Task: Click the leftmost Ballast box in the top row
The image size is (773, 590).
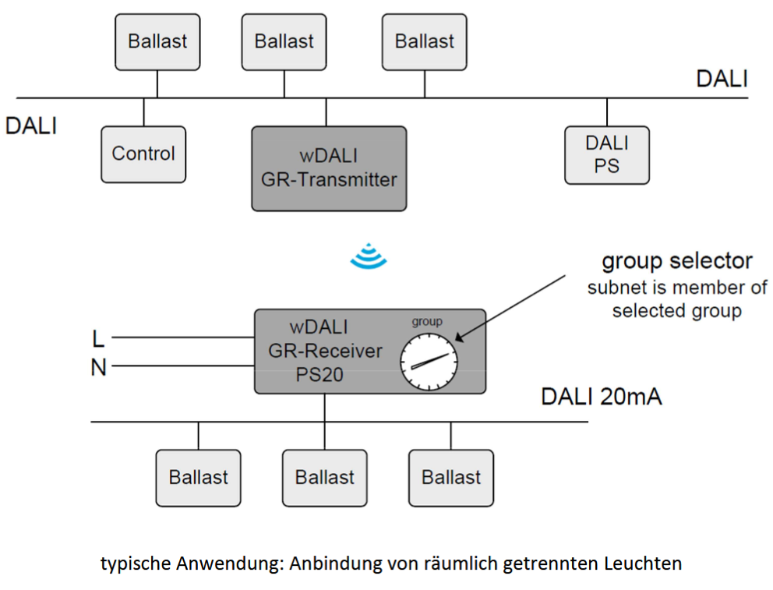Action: point(157,41)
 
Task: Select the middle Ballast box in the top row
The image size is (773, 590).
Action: point(284,41)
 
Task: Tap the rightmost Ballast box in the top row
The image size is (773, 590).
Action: point(424,41)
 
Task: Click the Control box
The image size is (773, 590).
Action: point(143,154)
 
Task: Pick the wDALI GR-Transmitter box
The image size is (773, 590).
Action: point(328,168)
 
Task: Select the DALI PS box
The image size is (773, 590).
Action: point(606,155)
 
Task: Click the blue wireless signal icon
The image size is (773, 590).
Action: point(368,256)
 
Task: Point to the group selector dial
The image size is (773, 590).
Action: point(427,362)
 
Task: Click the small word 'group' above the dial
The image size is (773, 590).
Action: point(426,321)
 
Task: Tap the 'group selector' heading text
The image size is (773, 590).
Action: point(676,260)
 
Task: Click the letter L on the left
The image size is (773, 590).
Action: point(98,339)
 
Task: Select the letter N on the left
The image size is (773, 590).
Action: point(98,367)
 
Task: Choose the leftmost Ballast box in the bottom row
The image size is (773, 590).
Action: point(198,477)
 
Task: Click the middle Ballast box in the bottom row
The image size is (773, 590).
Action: point(324,477)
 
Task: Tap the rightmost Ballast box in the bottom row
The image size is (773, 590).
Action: point(450,477)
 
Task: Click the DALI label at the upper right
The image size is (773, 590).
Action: point(722,79)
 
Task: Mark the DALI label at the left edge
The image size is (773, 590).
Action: point(31,126)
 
